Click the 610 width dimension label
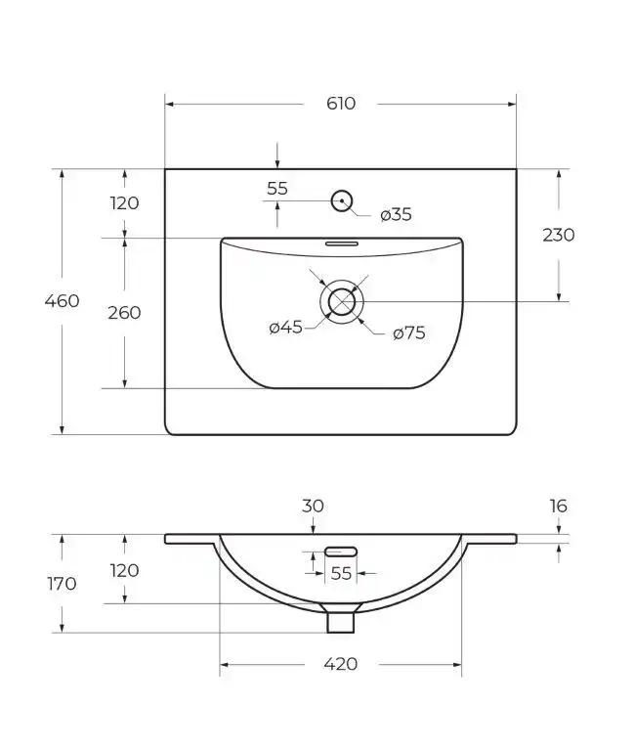coord(341,103)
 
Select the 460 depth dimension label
coord(62,301)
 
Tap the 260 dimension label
coord(124,313)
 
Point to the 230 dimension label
coord(558,235)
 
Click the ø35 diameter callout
coord(395,215)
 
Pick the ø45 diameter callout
coord(286,328)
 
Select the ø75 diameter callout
coord(408,332)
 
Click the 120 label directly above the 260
coord(124,203)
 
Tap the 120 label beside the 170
coord(124,570)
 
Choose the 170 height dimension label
coord(62,584)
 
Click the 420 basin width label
coord(340,665)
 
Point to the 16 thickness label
coord(558,507)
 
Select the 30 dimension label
coord(313,507)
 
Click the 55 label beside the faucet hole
coord(277,189)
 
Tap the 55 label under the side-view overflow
coord(340,574)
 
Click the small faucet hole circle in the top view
coord(341,200)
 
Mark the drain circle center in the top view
coord(341,301)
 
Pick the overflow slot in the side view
coord(340,551)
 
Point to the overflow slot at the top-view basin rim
coord(341,241)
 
